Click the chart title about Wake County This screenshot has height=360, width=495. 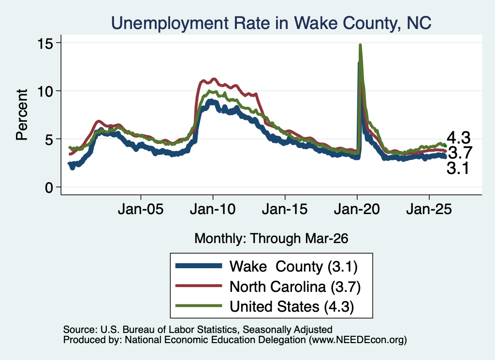[x=271, y=23]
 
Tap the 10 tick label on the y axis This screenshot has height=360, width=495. [x=45, y=91]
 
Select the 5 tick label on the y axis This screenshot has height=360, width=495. [x=49, y=139]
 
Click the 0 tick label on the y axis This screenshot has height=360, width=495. [x=49, y=187]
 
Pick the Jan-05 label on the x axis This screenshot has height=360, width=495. [x=141, y=209]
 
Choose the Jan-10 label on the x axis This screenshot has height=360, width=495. [x=213, y=209]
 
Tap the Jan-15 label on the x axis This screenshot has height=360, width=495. [x=285, y=209]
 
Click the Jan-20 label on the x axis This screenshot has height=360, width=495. [x=357, y=209]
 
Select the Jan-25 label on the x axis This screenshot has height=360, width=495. [x=429, y=209]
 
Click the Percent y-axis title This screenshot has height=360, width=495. [x=22, y=115]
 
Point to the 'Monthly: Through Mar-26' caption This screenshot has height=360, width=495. [x=271, y=239]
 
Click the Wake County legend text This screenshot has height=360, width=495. [x=293, y=267]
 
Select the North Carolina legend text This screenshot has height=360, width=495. [x=295, y=287]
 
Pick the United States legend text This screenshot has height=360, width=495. [x=291, y=307]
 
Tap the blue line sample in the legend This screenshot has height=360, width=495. [x=199, y=266]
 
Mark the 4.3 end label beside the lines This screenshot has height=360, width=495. [x=458, y=138]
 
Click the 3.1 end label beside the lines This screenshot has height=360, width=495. [x=458, y=168]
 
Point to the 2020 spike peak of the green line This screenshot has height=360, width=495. [x=360, y=45]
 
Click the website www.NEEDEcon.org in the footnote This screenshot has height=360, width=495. [x=358, y=340]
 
